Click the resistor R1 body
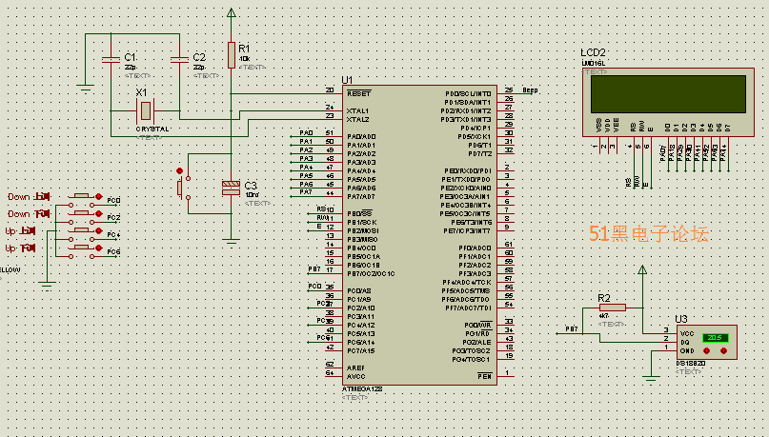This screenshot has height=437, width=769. pos(231,55)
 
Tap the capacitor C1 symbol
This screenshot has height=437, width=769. pos(113,60)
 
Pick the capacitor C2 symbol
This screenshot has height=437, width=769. pos(180,60)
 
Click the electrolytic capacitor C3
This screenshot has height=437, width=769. pos(231,187)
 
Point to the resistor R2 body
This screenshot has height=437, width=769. pos(611,308)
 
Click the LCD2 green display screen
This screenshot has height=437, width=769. pos(667,93)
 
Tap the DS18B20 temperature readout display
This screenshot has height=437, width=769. pos(716,338)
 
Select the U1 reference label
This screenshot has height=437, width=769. pos(347,80)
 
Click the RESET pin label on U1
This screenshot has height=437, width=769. pos(358,93)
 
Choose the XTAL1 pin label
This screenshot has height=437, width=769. pos(358,110)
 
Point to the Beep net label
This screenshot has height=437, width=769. pos(530,89)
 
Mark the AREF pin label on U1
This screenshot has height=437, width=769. pos(355,367)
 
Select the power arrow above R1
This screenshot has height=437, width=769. pos(231,13)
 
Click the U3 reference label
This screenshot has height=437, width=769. pos(680,319)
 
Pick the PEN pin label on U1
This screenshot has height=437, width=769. pos(484,376)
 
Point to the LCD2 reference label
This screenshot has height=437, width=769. pos(593,52)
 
